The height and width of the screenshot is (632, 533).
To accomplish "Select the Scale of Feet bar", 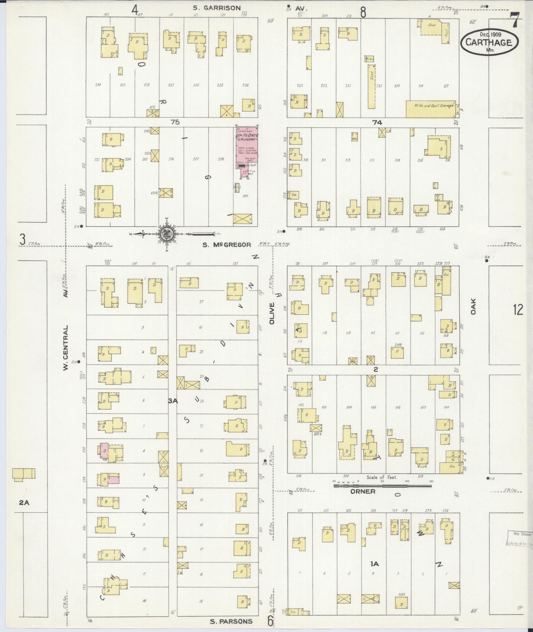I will point(382,486).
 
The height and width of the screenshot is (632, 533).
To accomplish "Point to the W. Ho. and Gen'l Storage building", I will point(430,109).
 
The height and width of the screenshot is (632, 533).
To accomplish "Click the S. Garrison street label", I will point(217,8).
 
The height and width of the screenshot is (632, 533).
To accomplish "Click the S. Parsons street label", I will point(231,621).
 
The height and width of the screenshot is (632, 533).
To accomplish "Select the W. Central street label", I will point(66,348).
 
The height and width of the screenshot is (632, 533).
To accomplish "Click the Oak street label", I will point(473,306).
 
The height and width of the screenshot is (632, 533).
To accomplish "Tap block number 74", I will point(377,122).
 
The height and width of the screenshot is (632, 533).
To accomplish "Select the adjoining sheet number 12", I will point(518,310).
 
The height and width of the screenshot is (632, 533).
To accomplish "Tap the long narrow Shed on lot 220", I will point(372,87).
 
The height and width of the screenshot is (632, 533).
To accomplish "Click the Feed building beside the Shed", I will point(446,33).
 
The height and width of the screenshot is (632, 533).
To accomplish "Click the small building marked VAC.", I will point(354,137).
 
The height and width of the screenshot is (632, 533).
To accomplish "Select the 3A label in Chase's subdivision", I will point(173,401).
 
